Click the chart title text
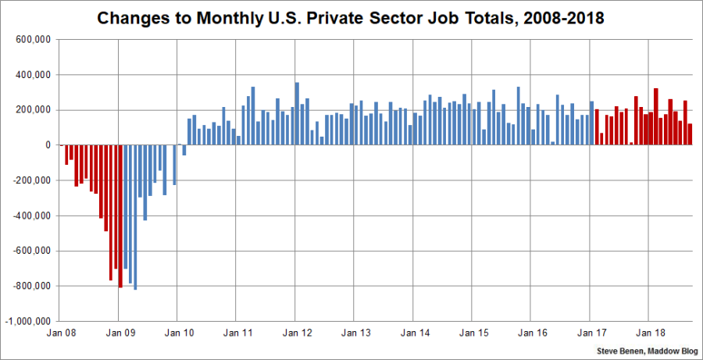pos(351,17)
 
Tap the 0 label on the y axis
pos(48,145)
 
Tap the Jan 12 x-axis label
pos(295,333)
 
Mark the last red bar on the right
pos(690,134)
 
